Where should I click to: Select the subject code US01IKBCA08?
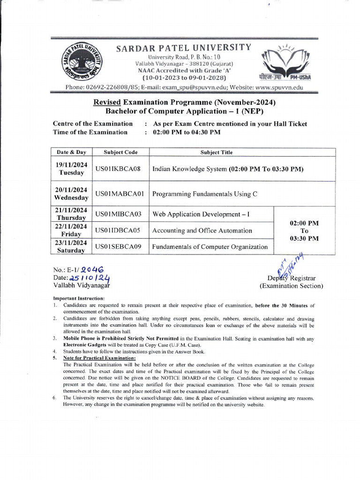point(118,169)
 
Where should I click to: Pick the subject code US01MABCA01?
point(120,194)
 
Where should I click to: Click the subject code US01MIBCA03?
point(118,214)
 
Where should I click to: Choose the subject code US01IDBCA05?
point(118,230)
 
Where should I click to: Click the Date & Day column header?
point(71,152)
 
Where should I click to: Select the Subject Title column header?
point(216,152)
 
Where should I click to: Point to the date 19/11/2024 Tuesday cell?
point(71,169)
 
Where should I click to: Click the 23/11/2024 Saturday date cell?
point(71,247)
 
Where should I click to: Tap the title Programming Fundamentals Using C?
point(205,194)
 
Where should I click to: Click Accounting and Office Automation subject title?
point(202,230)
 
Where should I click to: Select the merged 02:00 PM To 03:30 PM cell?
point(304,231)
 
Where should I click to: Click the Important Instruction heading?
point(79,299)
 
